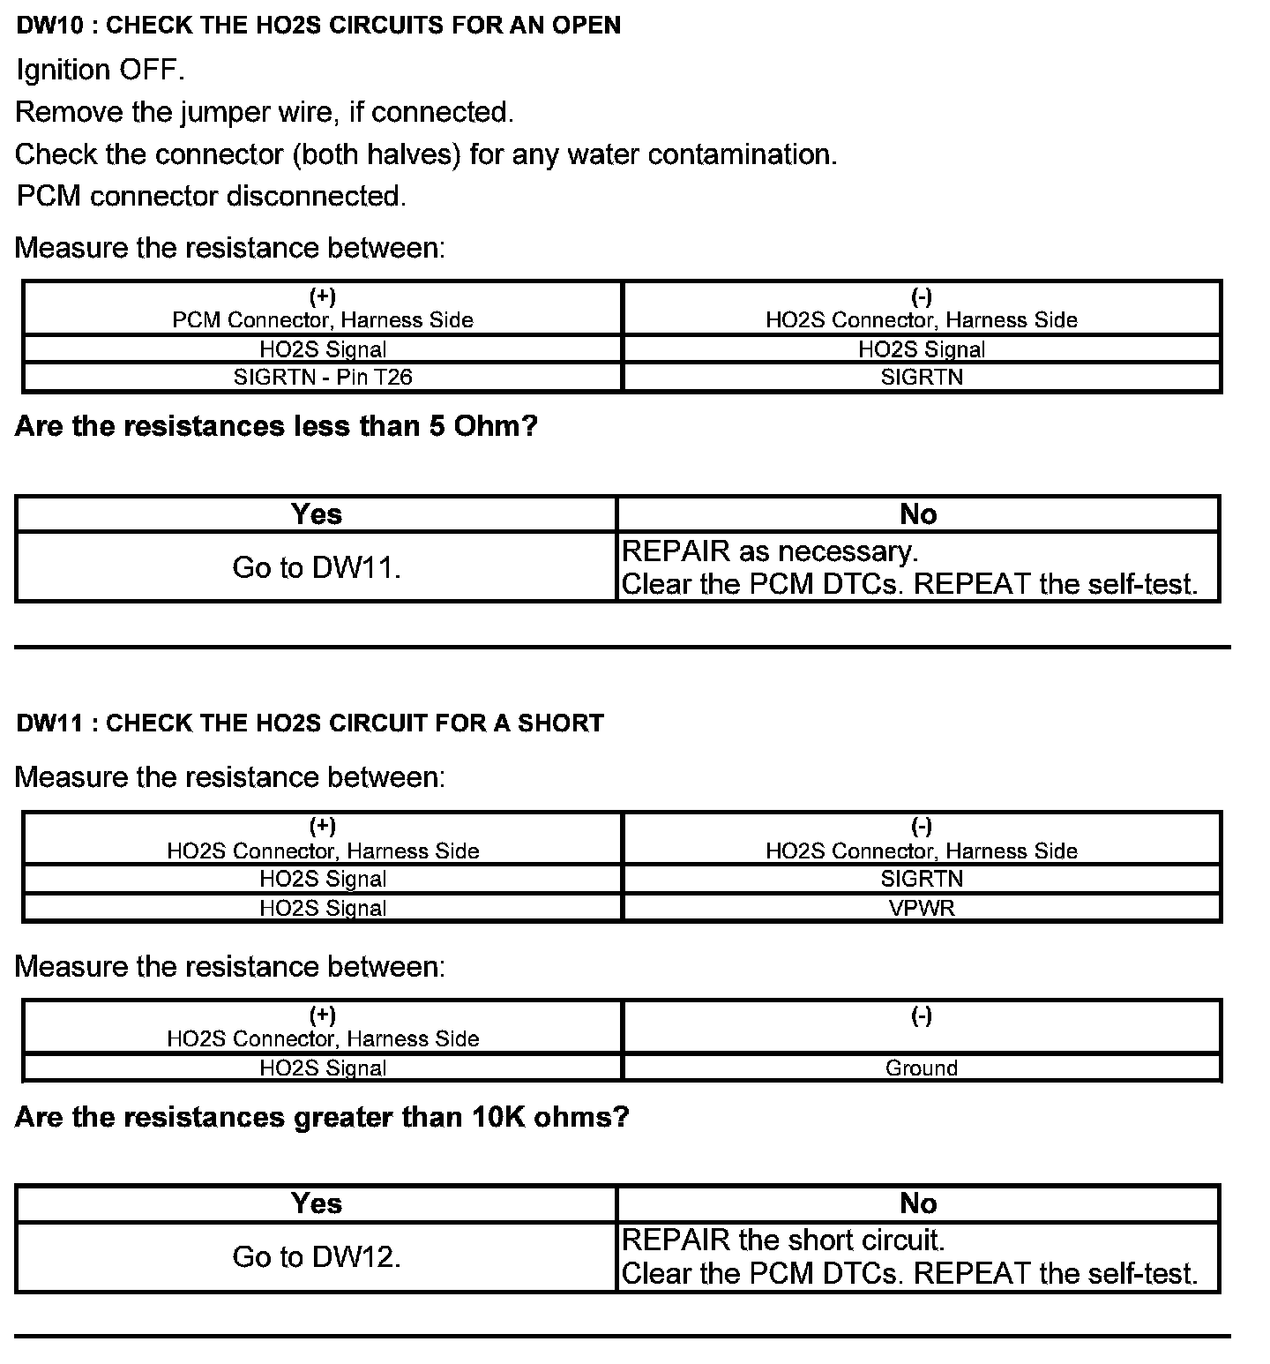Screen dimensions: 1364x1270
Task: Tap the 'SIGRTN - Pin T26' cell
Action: (323, 378)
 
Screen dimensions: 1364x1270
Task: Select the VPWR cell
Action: (921, 908)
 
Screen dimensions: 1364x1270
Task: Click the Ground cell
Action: (921, 1068)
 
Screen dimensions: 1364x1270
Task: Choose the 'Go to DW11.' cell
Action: (317, 567)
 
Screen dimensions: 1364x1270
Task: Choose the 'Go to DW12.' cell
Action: (317, 1257)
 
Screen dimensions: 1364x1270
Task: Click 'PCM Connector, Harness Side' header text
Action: (323, 319)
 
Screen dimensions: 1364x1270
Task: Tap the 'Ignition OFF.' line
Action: (101, 71)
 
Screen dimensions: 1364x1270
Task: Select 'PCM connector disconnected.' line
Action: (212, 196)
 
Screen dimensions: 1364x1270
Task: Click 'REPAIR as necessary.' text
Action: (770, 551)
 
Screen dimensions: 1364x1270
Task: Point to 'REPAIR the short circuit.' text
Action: (783, 1240)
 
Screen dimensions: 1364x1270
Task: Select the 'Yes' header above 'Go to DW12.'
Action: (317, 1203)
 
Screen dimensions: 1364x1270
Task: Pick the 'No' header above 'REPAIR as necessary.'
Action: (918, 514)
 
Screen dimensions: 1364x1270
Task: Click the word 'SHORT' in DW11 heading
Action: (560, 723)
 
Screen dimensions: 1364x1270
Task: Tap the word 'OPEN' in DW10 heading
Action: (586, 26)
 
